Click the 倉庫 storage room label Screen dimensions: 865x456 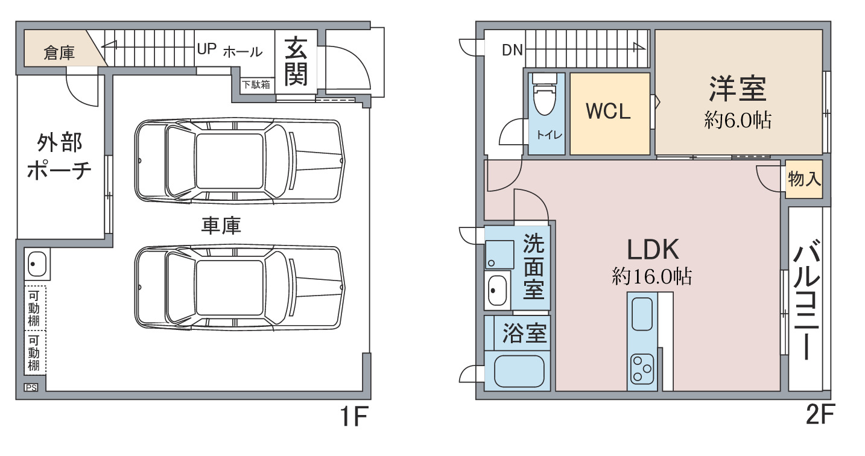coord(59,52)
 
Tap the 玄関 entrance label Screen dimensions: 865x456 coord(296,62)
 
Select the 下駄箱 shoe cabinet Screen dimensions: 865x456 coord(256,84)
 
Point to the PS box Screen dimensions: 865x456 coord(31,387)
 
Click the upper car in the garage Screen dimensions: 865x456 coord(239,160)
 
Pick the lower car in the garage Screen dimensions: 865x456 coord(239,287)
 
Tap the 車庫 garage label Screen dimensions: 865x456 coord(221,226)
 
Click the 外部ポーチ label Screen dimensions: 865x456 coord(60,156)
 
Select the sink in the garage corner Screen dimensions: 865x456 coord(37,264)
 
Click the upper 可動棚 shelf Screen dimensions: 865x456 coord(35,308)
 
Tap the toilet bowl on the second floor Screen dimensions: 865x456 coord(545,95)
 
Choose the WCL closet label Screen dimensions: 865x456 coord(608,112)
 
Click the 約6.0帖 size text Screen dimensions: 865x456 coord(738,120)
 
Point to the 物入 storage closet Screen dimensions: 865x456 coord(803,179)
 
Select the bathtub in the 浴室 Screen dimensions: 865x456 coord(519,371)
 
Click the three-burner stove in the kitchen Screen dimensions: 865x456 coord(642,369)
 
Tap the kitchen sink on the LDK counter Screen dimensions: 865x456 coord(642,314)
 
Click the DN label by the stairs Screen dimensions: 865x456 coord(512,50)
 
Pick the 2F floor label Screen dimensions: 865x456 coord(820,414)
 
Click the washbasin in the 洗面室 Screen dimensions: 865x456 coord(498,290)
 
